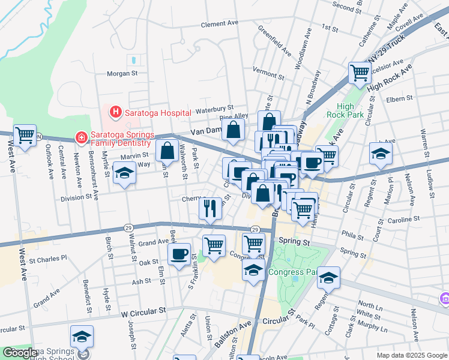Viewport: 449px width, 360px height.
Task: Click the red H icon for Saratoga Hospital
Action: (114, 112)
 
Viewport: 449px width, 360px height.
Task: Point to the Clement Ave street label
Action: (220, 23)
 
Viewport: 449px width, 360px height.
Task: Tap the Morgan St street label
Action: (122, 74)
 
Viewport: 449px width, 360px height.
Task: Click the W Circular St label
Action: (143, 313)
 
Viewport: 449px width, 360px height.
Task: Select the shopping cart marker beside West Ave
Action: (25, 136)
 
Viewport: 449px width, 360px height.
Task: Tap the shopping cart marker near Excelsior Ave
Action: (360, 73)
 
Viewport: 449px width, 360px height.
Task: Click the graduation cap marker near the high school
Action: (82, 337)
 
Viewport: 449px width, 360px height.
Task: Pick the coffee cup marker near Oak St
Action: (179, 253)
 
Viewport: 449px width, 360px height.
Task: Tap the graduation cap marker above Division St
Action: (125, 173)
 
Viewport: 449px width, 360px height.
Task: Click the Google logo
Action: (20, 353)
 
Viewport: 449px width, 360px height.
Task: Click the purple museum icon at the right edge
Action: (445, 298)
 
